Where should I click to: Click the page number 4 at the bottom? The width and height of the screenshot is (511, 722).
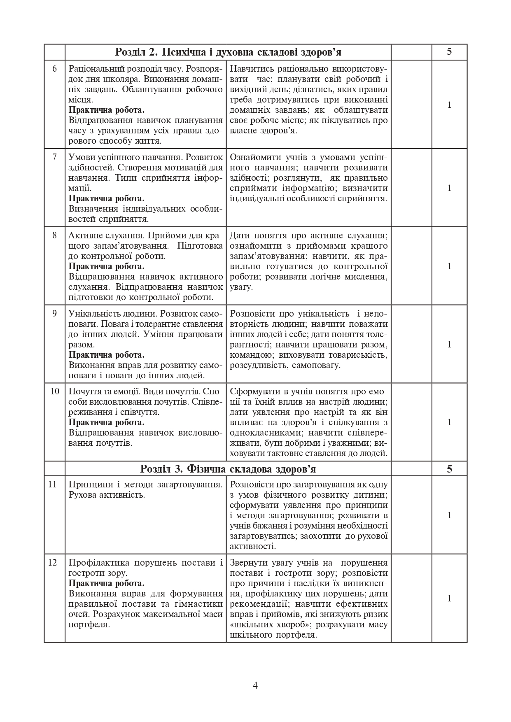255,685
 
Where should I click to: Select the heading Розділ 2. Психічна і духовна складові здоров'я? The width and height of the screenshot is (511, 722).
228,52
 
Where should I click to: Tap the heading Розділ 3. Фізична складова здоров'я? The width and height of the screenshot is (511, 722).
228,469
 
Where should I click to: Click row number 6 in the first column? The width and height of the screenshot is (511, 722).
55,68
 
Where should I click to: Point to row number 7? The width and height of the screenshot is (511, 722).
55,157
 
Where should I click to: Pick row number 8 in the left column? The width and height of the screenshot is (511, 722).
55,235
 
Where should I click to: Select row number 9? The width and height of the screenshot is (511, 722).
55,313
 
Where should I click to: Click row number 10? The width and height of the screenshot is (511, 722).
55,391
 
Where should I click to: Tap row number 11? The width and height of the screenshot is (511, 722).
52,484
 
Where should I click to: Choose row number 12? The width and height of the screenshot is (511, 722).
52,562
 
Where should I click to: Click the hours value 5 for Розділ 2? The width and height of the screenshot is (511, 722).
449,52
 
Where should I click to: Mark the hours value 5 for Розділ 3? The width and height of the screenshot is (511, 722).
449,469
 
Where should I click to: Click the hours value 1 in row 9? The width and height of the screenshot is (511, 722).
450,344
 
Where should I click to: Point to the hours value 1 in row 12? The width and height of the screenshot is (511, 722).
450,599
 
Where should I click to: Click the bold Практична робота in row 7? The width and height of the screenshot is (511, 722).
106,198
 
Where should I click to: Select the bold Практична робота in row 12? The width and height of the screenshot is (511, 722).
106,583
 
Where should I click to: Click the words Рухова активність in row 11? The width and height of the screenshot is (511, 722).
107,495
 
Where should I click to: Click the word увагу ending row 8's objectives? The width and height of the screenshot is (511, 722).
241,287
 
